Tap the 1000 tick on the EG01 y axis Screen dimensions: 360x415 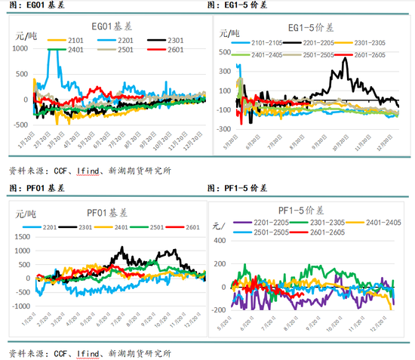[17, 48]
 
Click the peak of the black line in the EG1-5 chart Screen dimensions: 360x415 [345, 58]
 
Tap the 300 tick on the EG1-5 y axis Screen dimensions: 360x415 [224, 67]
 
